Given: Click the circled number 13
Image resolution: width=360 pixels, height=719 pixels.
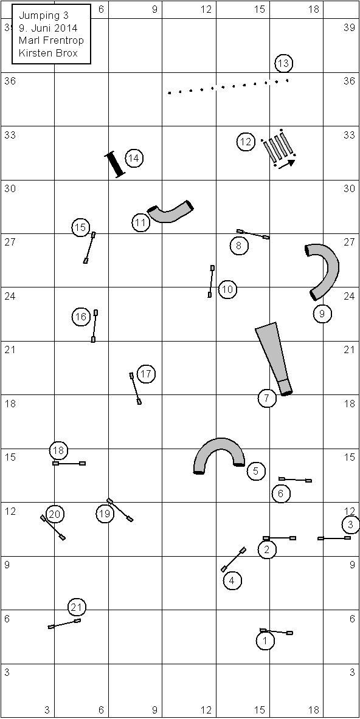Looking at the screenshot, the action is (x=284, y=63).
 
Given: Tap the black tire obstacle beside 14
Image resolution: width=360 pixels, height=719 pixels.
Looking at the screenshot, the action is (x=115, y=165).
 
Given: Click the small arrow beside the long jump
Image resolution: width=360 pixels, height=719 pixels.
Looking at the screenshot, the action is (x=286, y=163).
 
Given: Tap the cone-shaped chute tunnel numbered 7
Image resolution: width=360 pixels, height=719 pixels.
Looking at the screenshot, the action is (x=274, y=358).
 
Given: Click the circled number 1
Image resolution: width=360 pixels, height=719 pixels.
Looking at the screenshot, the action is (x=266, y=641).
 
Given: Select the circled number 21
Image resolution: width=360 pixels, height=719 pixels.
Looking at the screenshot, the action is (x=77, y=608).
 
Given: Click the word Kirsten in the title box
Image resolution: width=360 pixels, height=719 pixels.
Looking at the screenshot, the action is (x=33, y=53).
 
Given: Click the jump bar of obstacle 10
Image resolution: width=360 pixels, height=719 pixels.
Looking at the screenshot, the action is (x=211, y=281).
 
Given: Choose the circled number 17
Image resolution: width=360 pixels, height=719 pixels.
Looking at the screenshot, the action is (x=146, y=374).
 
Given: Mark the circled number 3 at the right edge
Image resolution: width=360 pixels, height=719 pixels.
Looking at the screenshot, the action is (x=351, y=524).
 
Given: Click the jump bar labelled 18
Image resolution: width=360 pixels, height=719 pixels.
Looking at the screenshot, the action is (x=69, y=464).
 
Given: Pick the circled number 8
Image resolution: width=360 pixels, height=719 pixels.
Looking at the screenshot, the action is (x=239, y=246).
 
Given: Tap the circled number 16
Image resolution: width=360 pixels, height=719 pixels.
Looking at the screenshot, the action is (x=81, y=317).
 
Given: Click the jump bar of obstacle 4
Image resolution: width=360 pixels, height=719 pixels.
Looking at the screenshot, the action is (x=234, y=559).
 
